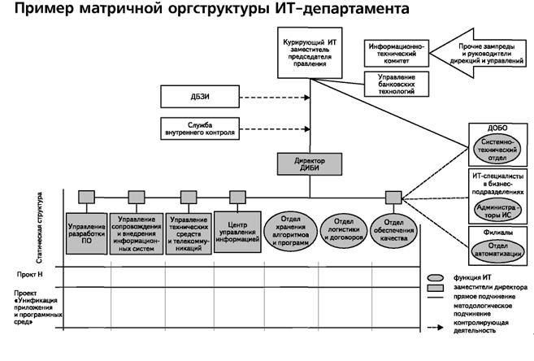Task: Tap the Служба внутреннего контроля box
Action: click(198, 128)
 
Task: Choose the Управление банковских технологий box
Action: click(396, 83)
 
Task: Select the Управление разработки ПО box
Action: click(87, 234)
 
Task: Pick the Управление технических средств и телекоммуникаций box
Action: click(189, 234)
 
